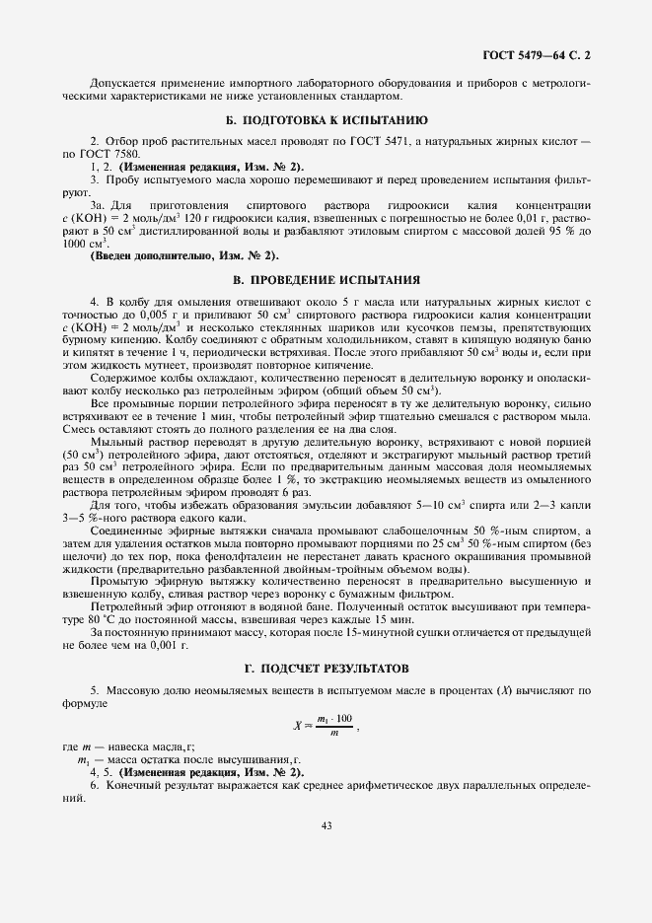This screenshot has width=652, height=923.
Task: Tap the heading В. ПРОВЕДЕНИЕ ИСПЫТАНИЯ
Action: tap(326, 279)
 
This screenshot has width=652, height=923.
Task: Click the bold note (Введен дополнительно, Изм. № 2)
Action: tap(171, 256)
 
